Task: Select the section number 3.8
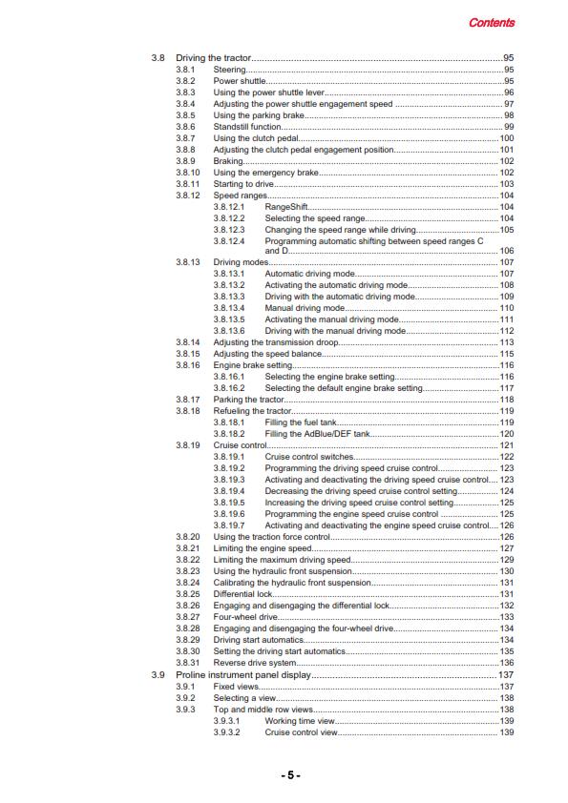point(158,59)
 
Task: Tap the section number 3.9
point(158,674)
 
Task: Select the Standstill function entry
point(246,127)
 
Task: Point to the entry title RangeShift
point(285,207)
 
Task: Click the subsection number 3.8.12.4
point(229,240)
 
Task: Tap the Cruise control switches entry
point(310,457)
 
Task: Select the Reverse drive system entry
point(255,663)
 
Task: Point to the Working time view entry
point(300,720)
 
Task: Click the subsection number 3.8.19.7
point(229,525)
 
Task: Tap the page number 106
point(507,251)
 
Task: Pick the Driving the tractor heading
point(212,59)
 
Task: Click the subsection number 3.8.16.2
point(229,388)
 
